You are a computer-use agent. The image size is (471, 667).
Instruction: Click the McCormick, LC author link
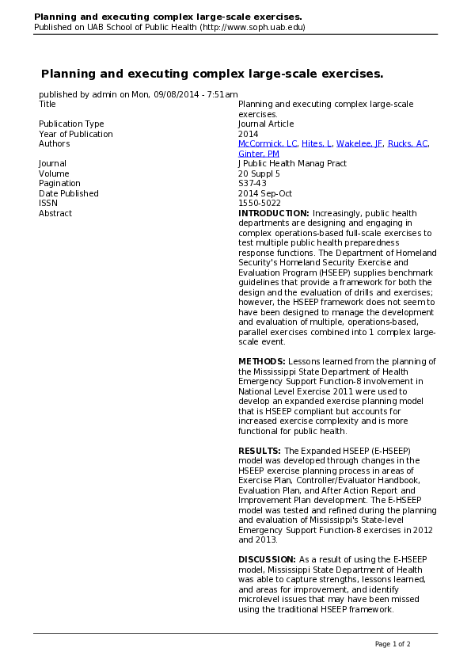tap(268, 144)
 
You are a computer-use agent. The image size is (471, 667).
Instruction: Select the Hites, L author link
tap(317, 144)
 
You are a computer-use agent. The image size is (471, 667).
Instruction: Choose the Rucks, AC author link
tap(409, 144)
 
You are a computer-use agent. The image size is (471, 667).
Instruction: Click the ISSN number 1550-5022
tap(260, 204)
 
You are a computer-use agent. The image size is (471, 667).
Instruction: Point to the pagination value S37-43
tap(253, 184)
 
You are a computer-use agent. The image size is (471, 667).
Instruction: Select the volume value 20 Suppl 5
tap(259, 173)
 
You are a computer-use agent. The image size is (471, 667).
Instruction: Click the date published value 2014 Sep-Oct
tap(264, 193)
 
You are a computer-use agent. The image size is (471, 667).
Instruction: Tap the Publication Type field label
tap(71, 124)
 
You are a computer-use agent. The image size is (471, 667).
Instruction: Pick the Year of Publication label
tap(76, 134)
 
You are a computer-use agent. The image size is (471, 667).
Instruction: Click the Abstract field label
tap(55, 213)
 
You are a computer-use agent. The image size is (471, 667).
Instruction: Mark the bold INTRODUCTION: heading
tap(274, 213)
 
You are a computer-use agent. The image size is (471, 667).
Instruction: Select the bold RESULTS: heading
tap(260, 451)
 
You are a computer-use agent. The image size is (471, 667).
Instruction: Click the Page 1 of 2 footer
tap(393, 643)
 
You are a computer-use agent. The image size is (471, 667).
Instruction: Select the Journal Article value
tap(266, 124)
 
